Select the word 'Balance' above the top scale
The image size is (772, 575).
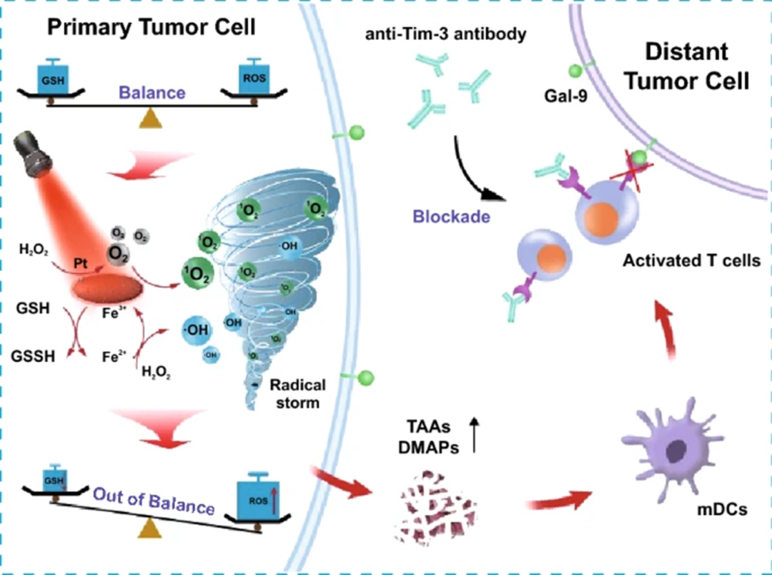coord(152,93)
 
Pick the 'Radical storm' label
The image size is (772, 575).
coord(297,393)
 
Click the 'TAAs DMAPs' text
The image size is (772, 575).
coord(427,437)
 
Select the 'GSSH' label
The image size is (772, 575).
coord(37,355)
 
